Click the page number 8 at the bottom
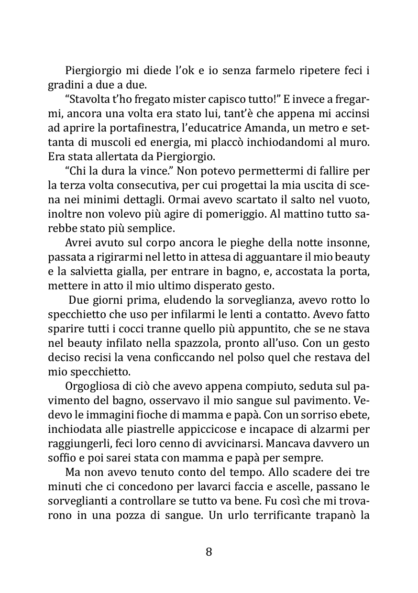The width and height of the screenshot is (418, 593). (209, 552)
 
